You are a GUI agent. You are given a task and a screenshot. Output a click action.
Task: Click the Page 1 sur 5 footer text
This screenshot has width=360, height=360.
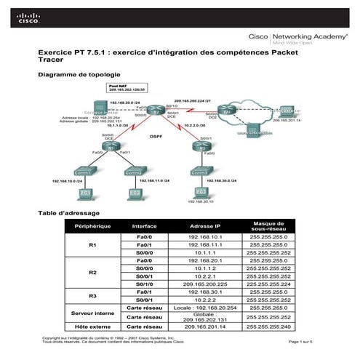(x=304, y=342)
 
